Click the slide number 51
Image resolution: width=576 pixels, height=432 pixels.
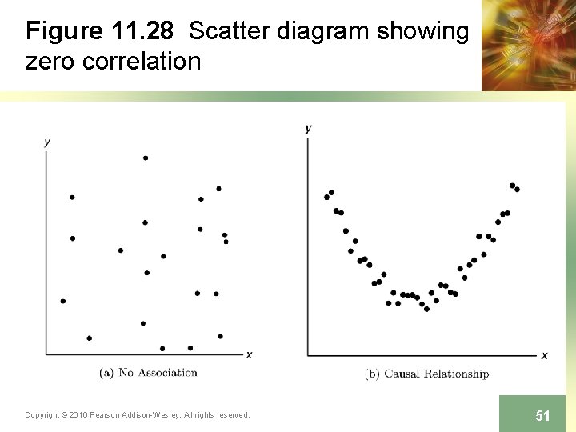[542, 415]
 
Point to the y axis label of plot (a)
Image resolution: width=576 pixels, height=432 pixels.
[47, 142]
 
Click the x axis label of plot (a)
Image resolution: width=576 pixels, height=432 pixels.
[249, 354]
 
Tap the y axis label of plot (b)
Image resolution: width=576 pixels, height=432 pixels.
[309, 128]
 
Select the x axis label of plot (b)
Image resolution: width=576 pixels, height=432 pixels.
[544, 355]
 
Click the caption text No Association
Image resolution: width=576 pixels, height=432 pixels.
[158, 372]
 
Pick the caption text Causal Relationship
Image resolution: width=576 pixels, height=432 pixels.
[436, 374]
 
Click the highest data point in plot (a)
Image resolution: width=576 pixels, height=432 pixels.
[146, 158]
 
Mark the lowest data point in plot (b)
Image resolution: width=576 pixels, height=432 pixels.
[426, 309]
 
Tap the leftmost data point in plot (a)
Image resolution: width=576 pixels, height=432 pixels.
[63, 301]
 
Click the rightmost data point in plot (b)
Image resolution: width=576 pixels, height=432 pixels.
[517, 190]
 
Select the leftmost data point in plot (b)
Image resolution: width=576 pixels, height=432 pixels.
[326, 197]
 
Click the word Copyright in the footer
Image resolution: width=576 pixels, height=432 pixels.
[42, 414]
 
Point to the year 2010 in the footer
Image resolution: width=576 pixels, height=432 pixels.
[78, 414]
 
